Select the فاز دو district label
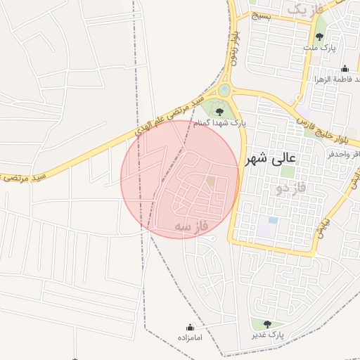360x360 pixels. point(272,188)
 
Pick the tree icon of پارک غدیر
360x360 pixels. point(266,324)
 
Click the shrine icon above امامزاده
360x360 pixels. point(190,327)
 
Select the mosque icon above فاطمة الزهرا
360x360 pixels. point(345,69)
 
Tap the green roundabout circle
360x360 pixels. point(224,90)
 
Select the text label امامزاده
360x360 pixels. point(190,337)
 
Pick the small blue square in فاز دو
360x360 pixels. point(273,220)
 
